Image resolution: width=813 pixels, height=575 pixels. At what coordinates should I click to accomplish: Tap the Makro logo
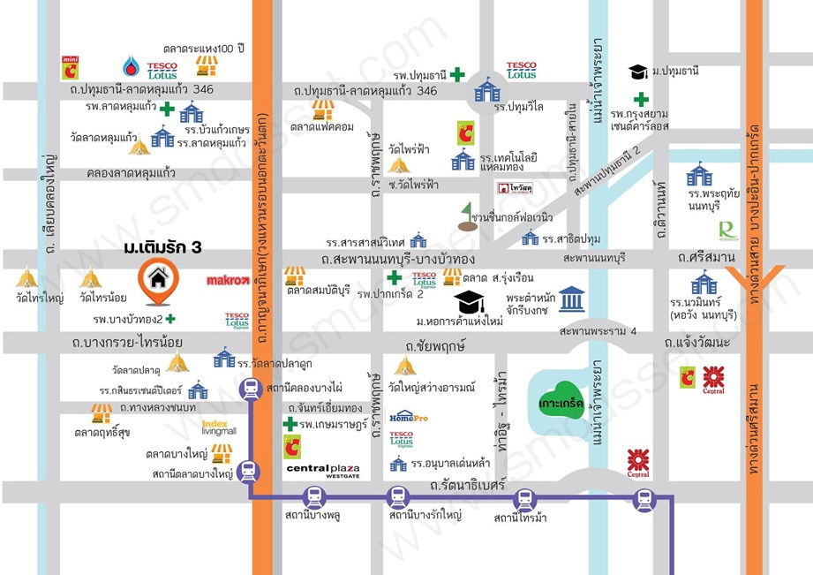click(x=228, y=281)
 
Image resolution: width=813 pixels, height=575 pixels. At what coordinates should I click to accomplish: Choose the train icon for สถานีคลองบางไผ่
click(x=252, y=388)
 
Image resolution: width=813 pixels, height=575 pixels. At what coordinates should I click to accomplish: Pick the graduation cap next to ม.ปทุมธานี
click(x=637, y=71)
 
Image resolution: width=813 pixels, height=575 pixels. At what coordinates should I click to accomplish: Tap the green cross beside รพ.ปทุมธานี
click(x=456, y=74)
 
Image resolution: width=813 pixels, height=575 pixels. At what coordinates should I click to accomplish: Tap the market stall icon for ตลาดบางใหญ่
click(x=222, y=452)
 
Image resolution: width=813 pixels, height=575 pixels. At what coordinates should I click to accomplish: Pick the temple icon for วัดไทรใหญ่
click(x=27, y=278)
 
